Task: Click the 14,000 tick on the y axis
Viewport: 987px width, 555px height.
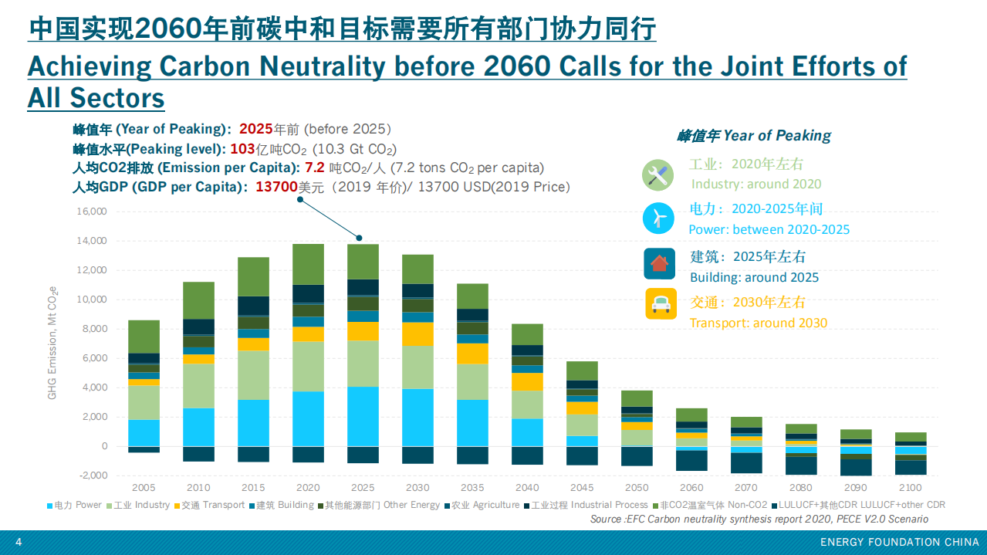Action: pos(91,241)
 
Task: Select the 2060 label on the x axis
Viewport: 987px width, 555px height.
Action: pos(691,488)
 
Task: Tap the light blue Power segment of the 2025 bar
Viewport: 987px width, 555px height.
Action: pos(363,416)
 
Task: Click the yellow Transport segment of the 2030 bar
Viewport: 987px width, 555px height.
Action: pos(417,333)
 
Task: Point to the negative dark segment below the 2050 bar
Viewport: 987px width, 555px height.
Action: pos(637,456)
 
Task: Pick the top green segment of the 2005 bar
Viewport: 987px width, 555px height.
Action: pos(144,337)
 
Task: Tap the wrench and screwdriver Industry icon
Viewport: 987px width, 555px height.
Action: pos(658,175)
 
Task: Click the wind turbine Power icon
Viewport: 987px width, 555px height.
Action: pos(659,218)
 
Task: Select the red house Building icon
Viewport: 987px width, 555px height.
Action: pos(659,263)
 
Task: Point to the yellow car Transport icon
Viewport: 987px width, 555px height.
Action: pos(661,304)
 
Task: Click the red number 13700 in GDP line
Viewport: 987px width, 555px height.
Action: pos(276,187)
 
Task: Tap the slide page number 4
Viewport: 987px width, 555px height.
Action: pos(19,543)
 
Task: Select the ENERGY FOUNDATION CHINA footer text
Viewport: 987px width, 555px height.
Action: pos(899,543)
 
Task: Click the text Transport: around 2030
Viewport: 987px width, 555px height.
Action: pos(758,323)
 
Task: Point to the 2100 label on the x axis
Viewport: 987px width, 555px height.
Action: pos(910,488)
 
